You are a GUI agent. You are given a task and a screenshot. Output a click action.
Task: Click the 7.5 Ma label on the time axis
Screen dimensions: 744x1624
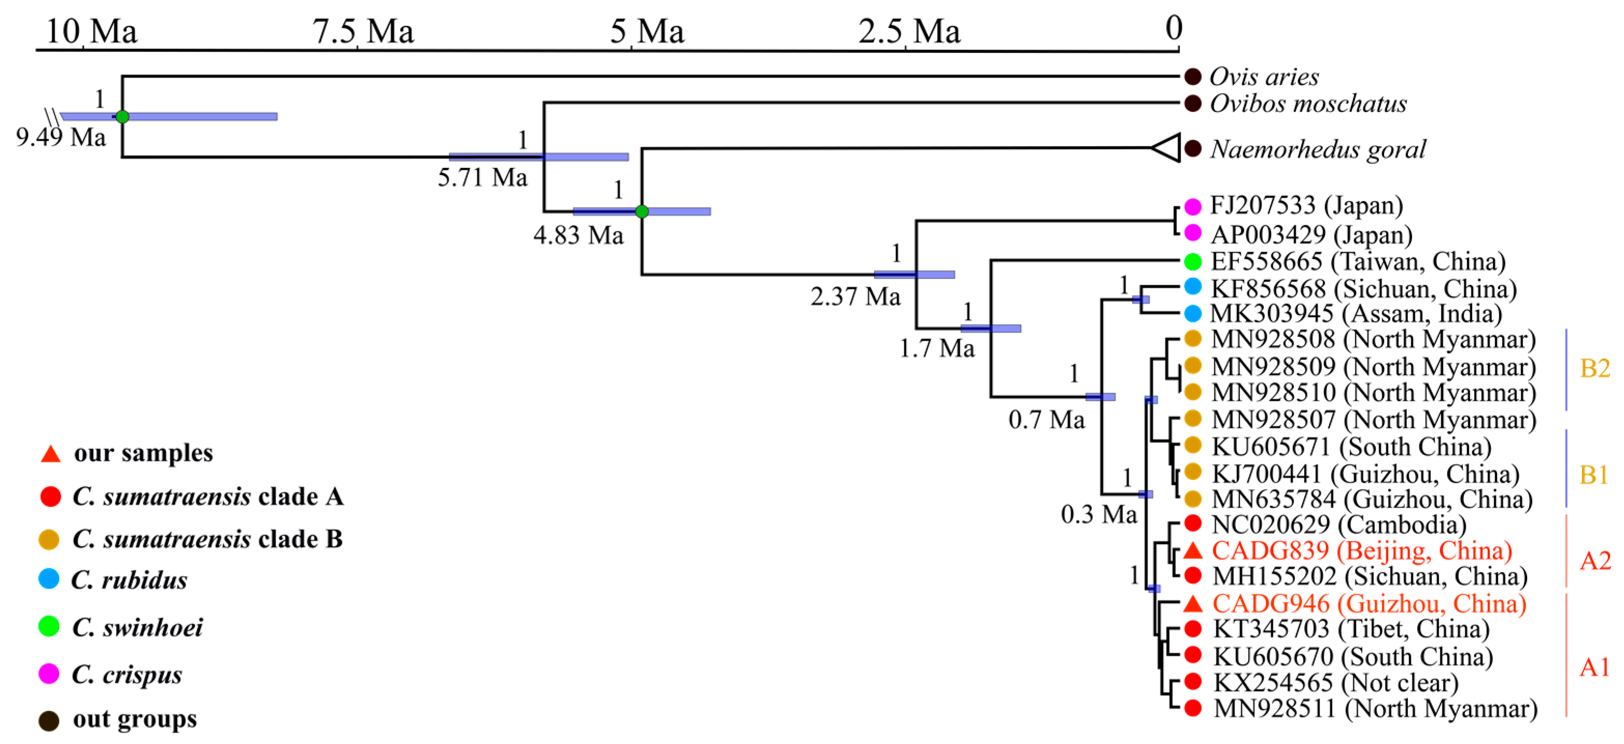pyautogui.click(x=363, y=32)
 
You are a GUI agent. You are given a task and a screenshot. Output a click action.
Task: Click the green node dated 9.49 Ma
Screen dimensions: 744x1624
pyautogui.click(x=122, y=117)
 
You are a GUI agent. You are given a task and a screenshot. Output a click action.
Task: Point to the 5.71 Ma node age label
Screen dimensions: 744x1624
pyautogui.click(x=482, y=178)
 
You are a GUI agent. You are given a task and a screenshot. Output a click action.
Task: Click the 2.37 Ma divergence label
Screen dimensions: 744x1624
pyautogui.click(x=855, y=296)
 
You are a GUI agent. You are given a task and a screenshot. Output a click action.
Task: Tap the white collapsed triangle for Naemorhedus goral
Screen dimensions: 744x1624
pyautogui.click(x=1167, y=148)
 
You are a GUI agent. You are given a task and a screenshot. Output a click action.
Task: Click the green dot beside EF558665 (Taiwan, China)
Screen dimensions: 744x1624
pyautogui.click(x=1192, y=261)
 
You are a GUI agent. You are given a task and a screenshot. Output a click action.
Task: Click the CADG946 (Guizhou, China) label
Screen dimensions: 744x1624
pyautogui.click(x=1369, y=604)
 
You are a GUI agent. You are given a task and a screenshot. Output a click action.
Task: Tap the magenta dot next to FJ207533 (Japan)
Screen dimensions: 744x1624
pyautogui.click(x=1192, y=206)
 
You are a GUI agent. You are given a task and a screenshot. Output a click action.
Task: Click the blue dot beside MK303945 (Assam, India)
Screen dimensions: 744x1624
pyautogui.click(x=1192, y=313)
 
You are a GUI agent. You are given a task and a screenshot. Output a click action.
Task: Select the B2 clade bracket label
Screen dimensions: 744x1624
pyautogui.click(x=1594, y=368)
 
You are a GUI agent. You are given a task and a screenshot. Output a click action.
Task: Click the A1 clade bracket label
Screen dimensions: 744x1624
pyautogui.click(x=1594, y=667)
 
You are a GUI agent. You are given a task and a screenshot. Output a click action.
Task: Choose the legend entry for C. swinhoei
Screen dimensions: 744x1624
pyautogui.click(x=137, y=627)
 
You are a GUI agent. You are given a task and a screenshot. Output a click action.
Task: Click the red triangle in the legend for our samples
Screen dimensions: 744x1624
pyautogui.click(x=50, y=454)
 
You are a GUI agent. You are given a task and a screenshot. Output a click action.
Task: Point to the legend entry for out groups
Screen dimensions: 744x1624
pyautogui.click(x=134, y=719)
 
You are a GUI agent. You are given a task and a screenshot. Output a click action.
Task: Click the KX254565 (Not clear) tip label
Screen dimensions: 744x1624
pyautogui.click(x=1336, y=683)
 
